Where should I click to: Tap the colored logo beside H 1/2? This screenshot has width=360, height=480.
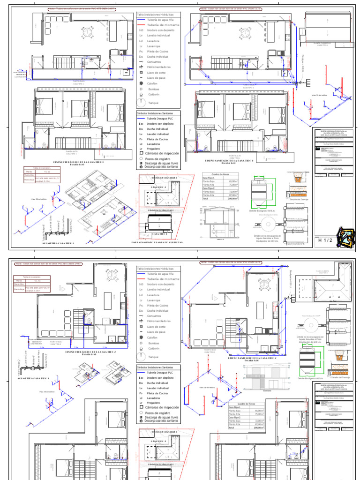click(346, 237)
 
